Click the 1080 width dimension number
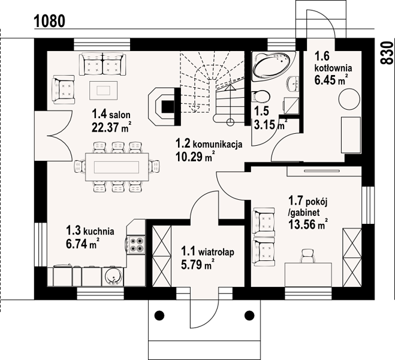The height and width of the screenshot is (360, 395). (49, 21)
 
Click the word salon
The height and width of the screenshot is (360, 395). (120, 115)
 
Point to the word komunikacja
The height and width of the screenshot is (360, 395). (218, 145)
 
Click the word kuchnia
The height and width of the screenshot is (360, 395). (98, 231)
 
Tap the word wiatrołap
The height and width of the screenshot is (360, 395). (216, 253)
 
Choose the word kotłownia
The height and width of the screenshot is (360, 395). (333, 68)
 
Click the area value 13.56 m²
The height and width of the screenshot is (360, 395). (308, 224)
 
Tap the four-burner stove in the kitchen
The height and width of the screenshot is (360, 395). (136, 245)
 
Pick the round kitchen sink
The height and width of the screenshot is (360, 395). (113, 277)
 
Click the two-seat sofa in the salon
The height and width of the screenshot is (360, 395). (102, 64)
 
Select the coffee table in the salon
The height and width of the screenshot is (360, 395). (103, 90)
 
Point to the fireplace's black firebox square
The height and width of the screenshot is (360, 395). (167, 107)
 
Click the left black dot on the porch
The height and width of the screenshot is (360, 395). (159, 315)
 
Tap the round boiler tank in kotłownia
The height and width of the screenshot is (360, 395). (349, 99)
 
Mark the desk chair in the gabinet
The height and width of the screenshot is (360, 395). (308, 256)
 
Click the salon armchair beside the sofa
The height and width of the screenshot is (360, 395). (64, 89)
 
